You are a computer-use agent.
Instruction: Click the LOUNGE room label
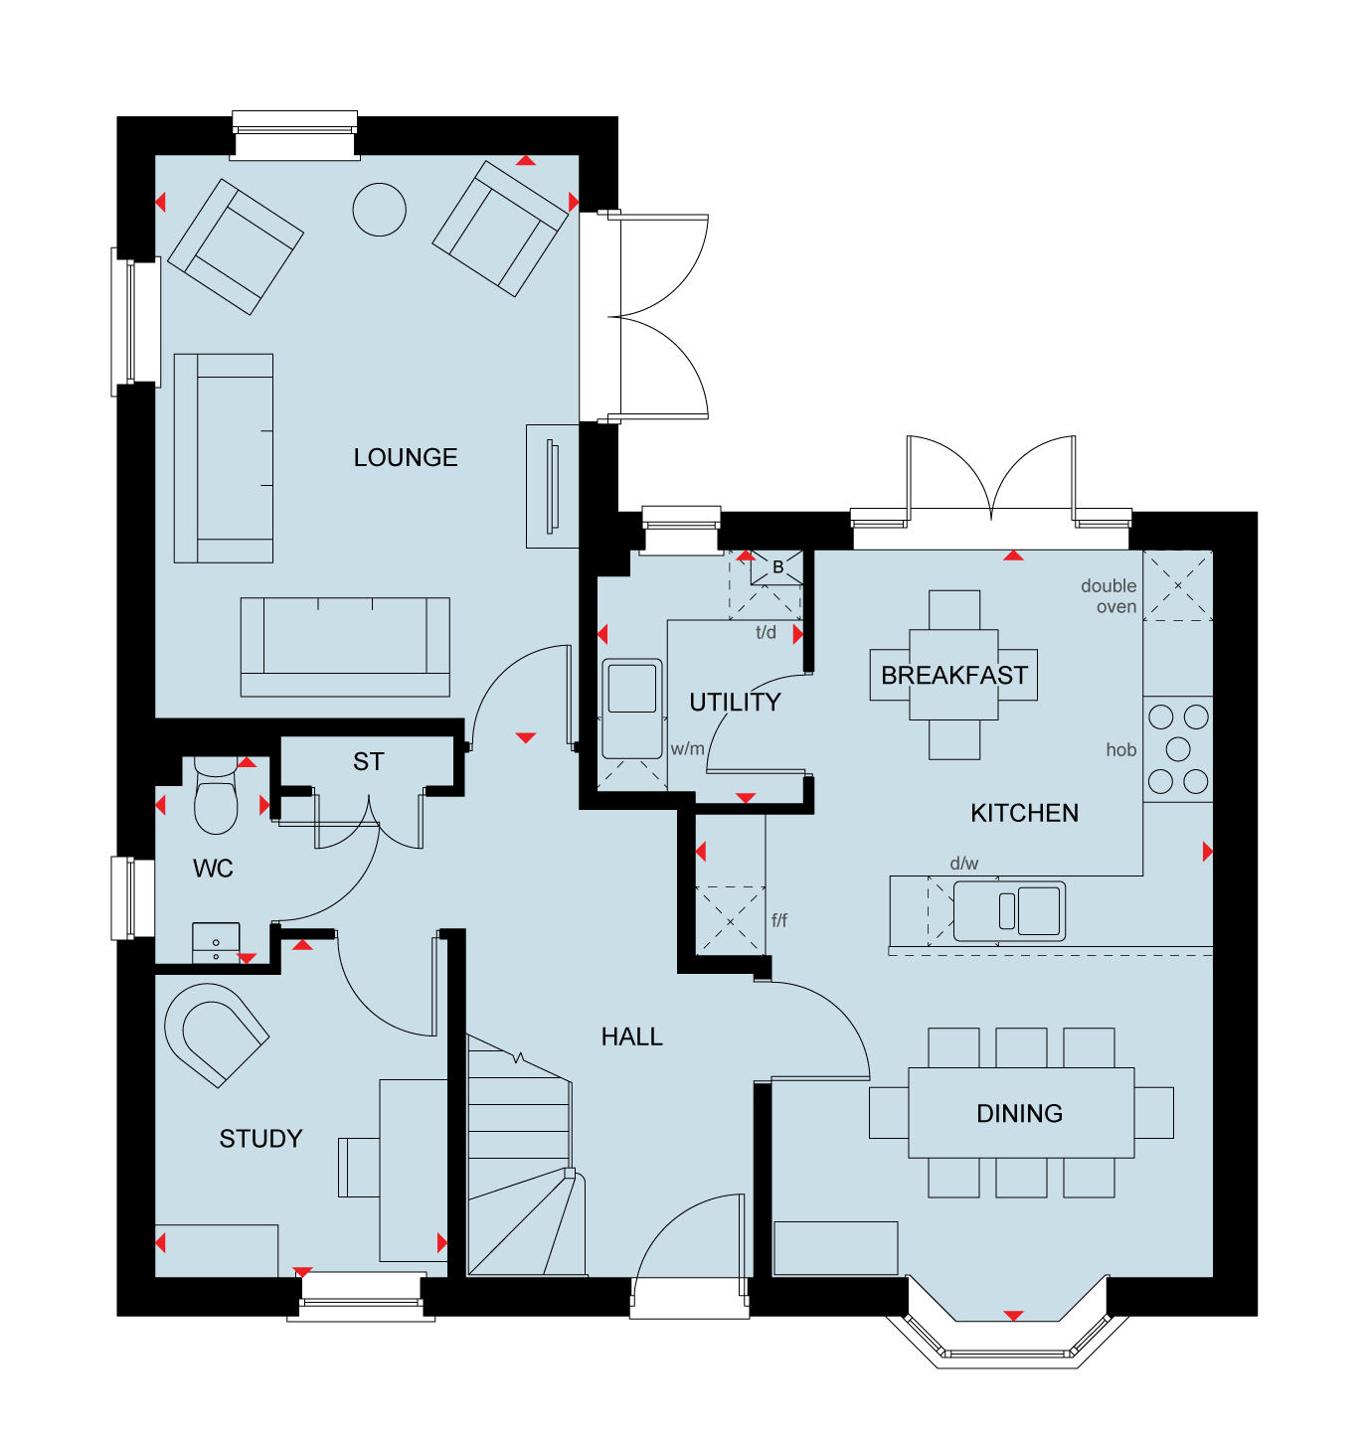point(406,458)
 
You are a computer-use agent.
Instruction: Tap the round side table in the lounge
point(379,210)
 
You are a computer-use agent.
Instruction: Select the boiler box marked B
point(777,567)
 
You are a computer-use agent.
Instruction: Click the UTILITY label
point(735,703)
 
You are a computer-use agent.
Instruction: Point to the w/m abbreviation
point(688,748)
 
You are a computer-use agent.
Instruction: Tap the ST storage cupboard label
point(368,761)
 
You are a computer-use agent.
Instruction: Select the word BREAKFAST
point(953,676)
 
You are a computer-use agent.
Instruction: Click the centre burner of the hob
point(1178,749)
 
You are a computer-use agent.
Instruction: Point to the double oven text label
point(1109,596)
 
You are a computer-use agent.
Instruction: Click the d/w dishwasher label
point(964,864)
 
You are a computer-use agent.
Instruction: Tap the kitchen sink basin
point(1038,911)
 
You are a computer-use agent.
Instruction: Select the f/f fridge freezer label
point(779,920)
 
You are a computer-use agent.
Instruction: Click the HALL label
point(632,1037)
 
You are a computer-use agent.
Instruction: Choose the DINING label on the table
point(1019,1114)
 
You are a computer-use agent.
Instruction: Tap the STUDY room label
point(261,1139)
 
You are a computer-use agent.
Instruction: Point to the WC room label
point(213,869)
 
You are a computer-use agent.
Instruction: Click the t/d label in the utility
point(766,633)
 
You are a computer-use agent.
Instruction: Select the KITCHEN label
point(1025,814)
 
